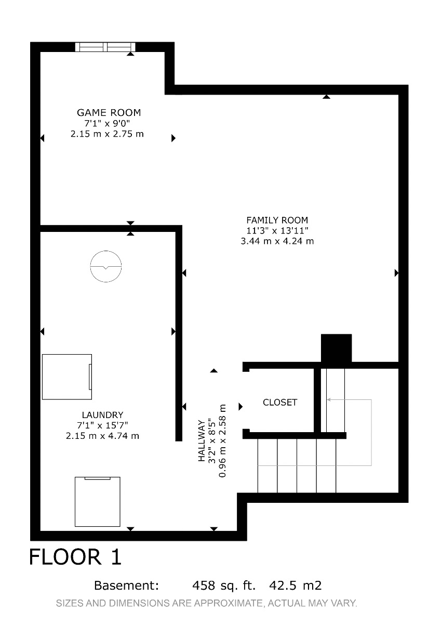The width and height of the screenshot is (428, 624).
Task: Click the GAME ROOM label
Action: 109,112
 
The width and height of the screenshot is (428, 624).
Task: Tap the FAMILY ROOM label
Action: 277,220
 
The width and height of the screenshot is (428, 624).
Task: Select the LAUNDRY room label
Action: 102,415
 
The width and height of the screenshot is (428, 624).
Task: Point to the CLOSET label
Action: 280,402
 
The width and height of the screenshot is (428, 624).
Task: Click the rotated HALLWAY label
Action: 202,441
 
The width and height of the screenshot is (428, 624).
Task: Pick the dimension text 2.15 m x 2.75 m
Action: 107,134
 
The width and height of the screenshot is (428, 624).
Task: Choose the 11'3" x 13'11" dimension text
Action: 277,231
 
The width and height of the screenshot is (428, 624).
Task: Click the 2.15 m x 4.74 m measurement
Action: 102,436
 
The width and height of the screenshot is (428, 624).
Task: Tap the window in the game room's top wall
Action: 105,47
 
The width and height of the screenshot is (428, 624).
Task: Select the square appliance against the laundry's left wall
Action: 67,377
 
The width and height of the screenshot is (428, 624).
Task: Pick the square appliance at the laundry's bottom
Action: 98,502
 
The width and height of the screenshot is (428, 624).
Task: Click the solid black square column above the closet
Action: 336,348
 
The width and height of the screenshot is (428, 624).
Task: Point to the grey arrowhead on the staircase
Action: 328,400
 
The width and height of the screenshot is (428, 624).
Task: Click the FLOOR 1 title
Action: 75,557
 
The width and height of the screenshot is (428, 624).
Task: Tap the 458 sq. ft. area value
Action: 224,586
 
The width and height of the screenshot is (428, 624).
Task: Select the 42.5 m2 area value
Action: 295,586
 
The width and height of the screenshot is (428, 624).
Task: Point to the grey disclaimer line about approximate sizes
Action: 207,603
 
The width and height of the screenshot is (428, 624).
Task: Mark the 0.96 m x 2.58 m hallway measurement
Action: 222,441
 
